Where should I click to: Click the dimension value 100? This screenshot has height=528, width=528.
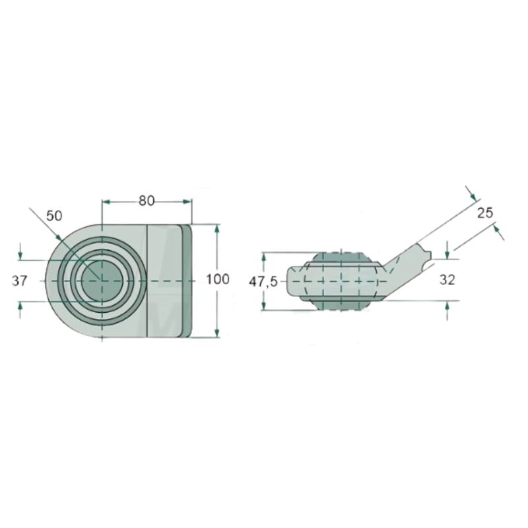(218, 280)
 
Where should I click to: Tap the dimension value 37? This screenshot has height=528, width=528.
(20, 280)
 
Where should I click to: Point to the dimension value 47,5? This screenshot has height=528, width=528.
(262, 281)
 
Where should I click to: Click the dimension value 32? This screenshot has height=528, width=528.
(447, 280)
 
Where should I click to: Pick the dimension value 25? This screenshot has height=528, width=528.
(485, 212)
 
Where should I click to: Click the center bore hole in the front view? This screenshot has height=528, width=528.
(101, 280)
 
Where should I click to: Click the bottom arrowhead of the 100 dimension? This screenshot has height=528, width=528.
(217, 333)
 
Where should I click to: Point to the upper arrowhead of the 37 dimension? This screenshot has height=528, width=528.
(21, 255)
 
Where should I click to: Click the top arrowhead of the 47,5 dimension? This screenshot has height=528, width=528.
(263, 255)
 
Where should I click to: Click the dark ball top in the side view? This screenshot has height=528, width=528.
(341, 257)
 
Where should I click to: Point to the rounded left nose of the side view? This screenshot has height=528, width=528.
(292, 281)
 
